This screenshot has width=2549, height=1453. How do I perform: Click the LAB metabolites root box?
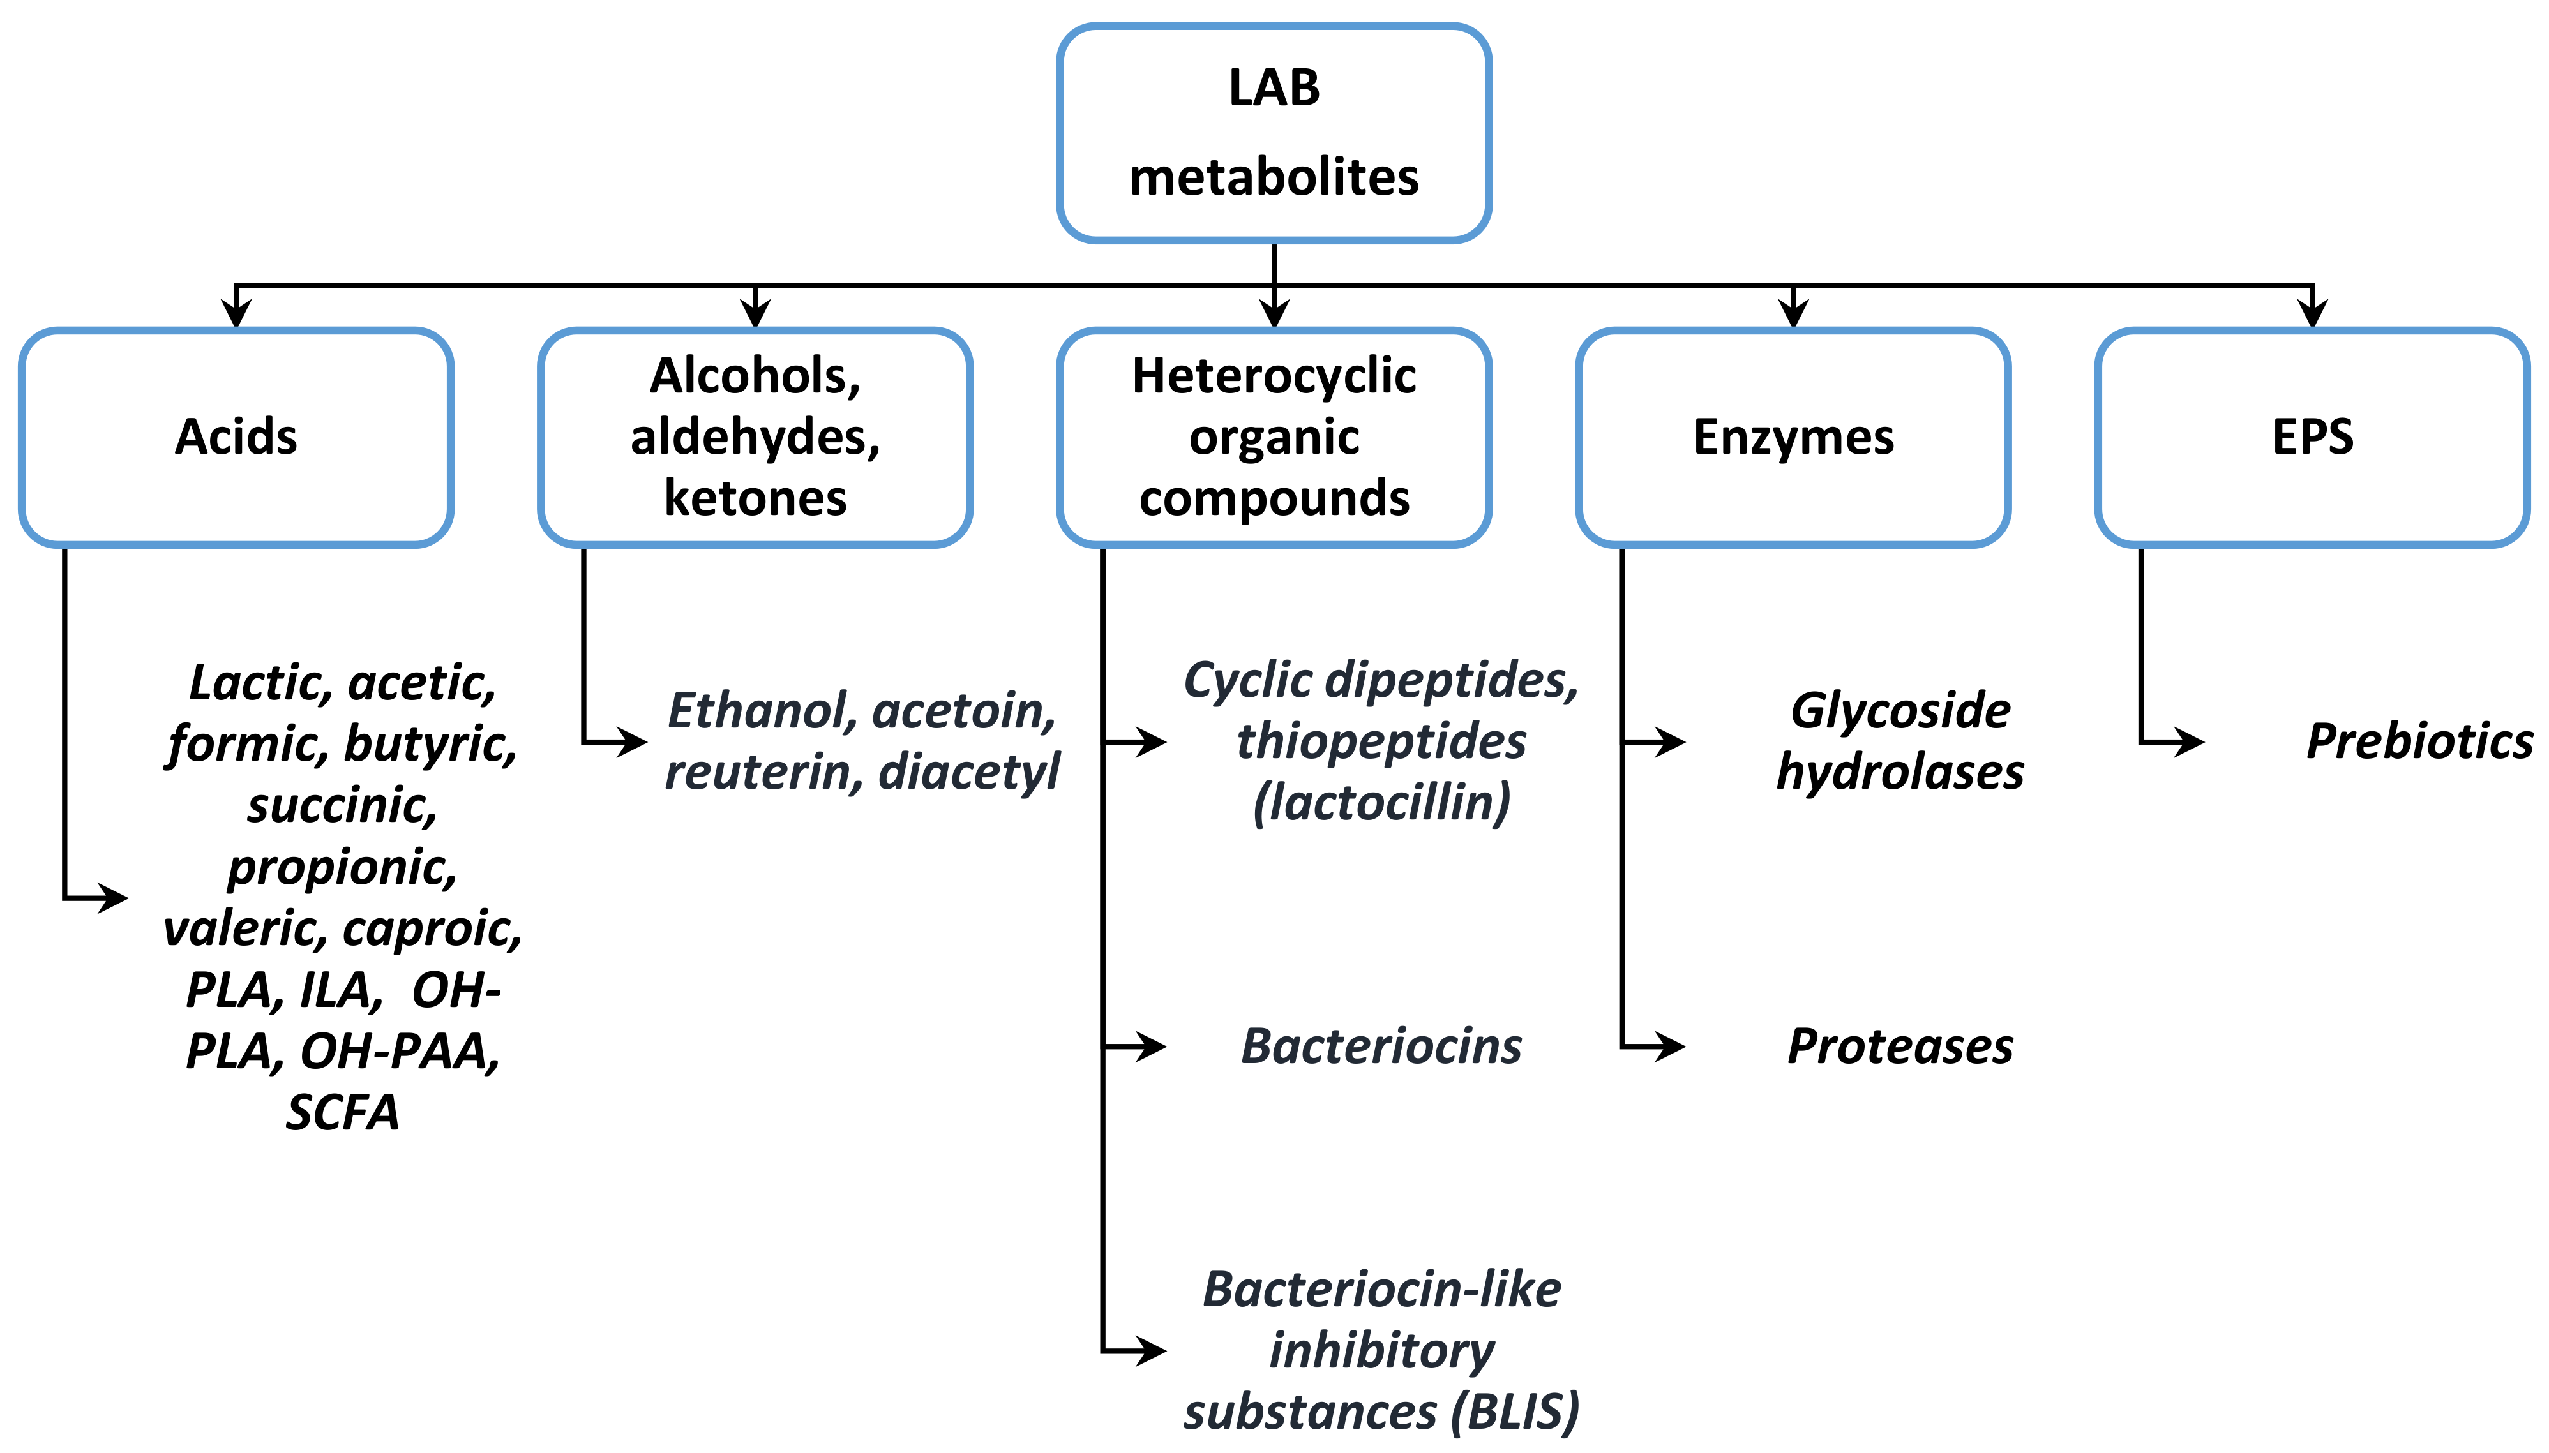[x=1274, y=133]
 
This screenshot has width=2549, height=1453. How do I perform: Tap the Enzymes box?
[x=1793, y=437]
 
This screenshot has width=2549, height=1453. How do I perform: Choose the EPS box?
[x=2312, y=437]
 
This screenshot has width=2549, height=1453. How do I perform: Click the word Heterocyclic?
[x=1274, y=376]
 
